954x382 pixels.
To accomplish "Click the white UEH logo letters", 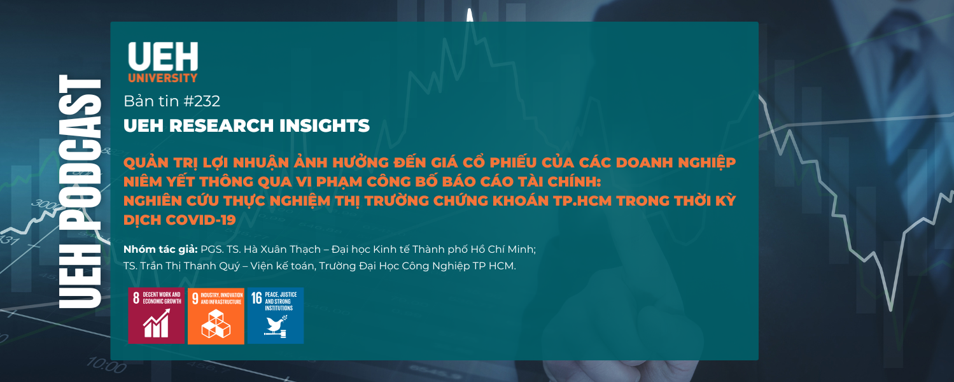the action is pyautogui.click(x=163, y=56).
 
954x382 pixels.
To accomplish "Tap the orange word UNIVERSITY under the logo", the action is pyautogui.click(x=163, y=78).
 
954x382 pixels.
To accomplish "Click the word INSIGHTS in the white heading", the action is pyautogui.click(x=325, y=125).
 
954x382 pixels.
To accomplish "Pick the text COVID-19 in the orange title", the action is pyautogui.click(x=200, y=220).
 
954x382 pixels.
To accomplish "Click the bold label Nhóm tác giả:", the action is pyautogui.click(x=160, y=250).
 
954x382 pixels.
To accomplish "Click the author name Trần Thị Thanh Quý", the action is pyautogui.click(x=190, y=265).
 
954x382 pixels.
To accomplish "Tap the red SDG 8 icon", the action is pyautogui.click(x=157, y=316).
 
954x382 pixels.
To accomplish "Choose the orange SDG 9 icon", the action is pyautogui.click(x=216, y=316).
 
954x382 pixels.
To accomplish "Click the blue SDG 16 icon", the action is pyautogui.click(x=276, y=316).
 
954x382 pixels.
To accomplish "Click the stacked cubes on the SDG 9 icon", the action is pyautogui.click(x=216, y=324).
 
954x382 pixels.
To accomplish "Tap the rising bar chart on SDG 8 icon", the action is pyautogui.click(x=157, y=323).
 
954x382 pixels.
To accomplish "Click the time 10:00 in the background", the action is pyautogui.click(x=106, y=365).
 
